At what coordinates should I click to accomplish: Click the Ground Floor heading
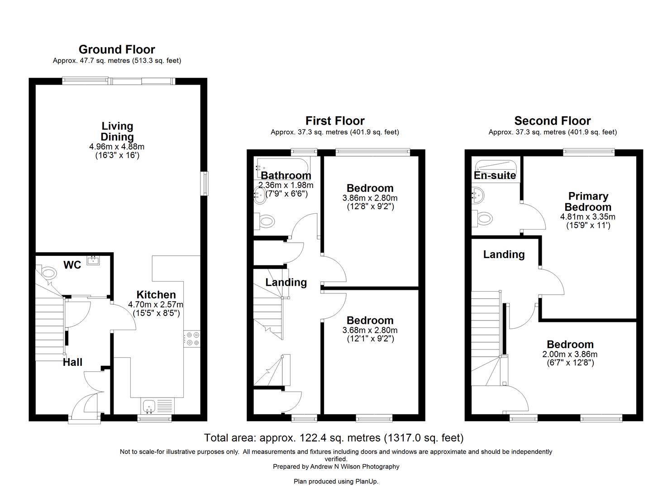pyautogui.click(x=117, y=49)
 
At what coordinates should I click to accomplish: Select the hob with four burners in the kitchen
pyautogui.click(x=192, y=339)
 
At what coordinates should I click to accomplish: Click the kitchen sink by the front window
pyautogui.click(x=149, y=406)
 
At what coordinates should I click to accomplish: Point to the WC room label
pyautogui.click(x=72, y=265)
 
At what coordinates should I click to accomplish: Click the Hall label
pyautogui.click(x=72, y=362)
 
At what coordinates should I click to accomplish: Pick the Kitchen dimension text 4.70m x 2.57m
pyautogui.click(x=155, y=304)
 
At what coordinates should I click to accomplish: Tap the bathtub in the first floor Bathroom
pyautogui.click(x=282, y=168)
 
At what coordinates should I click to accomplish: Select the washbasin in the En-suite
pyautogui.click(x=477, y=196)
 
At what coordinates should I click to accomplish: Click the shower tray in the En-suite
pyautogui.click(x=496, y=169)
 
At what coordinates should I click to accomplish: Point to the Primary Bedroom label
pyautogui.click(x=588, y=201)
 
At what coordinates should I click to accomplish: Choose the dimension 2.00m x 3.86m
pyautogui.click(x=570, y=354)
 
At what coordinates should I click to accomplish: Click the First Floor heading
pyautogui.click(x=335, y=121)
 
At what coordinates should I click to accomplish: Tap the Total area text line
pyautogui.click(x=334, y=438)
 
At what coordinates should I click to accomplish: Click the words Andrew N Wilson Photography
pyautogui.click(x=355, y=467)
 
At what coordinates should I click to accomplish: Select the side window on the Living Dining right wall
pyautogui.click(x=205, y=183)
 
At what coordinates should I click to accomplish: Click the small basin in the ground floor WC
pyautogui.click(x=93, y=260)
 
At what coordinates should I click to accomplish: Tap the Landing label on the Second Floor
pyautogui.click(x=504, y=254)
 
